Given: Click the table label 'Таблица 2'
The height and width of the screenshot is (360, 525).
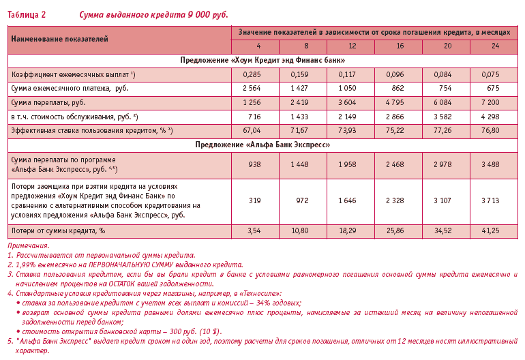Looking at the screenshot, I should (x=27, y=14).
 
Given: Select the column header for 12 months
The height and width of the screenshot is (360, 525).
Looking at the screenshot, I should (x=352, y=46).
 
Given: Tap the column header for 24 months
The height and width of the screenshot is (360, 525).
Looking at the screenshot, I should (x=494, y=46).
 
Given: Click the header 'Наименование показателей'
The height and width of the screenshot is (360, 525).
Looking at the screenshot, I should (x=60, y=40).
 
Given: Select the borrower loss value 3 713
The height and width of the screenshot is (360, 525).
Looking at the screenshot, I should (x=491, y=200).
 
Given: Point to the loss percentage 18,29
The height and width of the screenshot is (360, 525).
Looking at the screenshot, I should (x=348, y=232).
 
